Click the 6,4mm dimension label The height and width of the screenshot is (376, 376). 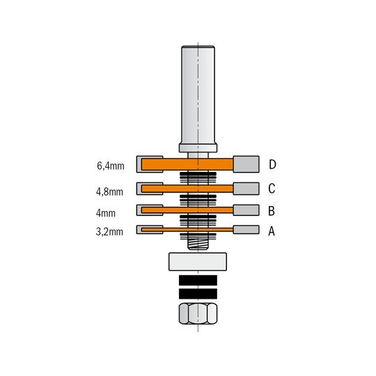pyautogui.click(x=111, y=166)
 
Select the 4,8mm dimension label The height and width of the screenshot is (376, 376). pyautogui.click(x=109, y=192)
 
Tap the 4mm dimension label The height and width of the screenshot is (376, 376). pyautogui.click(x=106, y=213)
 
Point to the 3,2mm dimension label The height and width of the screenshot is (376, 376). pyautogui.click(x=109, y=232)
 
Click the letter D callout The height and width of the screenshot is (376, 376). pyautogui.click(x=272, y=164)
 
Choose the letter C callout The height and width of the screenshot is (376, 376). pyautogui.click(x=272, y=189)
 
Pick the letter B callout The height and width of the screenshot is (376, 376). pyautogui.click(x=272, y=211)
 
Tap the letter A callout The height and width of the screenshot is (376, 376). pyautogui.click(x=272, y=231)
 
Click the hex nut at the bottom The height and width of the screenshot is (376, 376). pyautogui.click(x=198, y=313)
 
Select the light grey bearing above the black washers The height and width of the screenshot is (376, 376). pyautogui.click(x=198, y=262)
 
